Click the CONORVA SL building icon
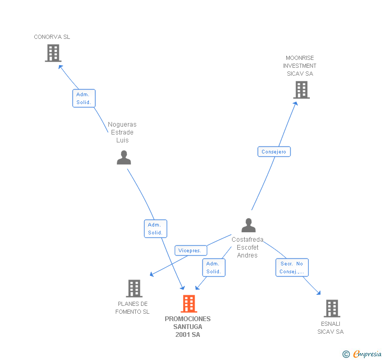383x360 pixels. (x=53, y=53)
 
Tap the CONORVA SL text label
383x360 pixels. (x=52, y=37)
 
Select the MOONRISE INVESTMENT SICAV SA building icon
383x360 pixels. (x=301, y=90)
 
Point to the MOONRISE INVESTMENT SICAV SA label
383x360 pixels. (x=300, y=66)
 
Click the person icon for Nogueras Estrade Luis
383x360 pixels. (x=124, y=158)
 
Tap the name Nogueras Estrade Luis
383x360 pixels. (x=122, y=132)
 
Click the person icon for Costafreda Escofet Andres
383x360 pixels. (x=248, y=225)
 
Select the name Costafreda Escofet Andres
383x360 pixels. (x=247, y=247)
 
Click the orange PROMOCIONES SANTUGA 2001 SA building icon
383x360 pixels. (x=188, y=304)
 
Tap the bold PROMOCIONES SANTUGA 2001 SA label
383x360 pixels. (x=187, y=326)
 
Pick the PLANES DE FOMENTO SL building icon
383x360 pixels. (x=134, y=289)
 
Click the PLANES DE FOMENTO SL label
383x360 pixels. (x=133, y=308)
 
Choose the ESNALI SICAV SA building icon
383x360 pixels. (x=331, y=308)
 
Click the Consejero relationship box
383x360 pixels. (x=274, y=152)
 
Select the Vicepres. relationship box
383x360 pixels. (x=190, y=251)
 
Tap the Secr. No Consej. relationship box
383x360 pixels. (x=292, y=268)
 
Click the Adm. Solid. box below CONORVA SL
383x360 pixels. (x=84, y=98)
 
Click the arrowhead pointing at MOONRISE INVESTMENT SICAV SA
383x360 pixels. (x=296, y=103)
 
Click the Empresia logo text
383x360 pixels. (x=367, y=354)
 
